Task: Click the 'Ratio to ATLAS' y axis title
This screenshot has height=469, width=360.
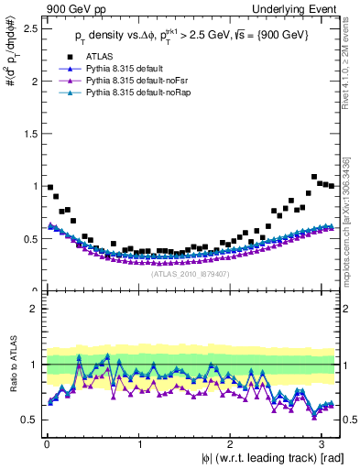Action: pyautogui.click(x=12, y=365)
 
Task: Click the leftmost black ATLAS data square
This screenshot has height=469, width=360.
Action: pyautogui.click(x=50, y=187)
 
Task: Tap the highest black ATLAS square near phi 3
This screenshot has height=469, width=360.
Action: pyautogui.click(x=314, y=177)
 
